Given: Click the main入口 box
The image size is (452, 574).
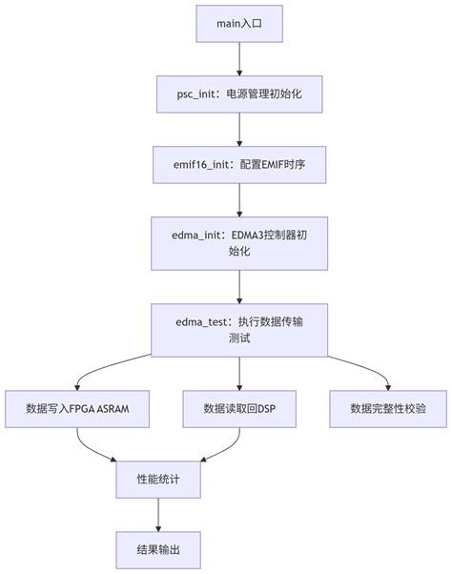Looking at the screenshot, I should pos(239,24).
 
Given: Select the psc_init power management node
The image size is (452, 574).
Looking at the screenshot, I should pos(239,94).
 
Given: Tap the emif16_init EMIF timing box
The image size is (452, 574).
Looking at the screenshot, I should pos(239,165).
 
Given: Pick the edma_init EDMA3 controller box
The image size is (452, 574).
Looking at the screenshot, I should pos(239,243).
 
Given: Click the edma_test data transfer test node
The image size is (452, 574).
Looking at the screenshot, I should pos(239,329).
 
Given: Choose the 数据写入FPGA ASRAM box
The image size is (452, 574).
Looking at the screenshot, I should pos(78,408).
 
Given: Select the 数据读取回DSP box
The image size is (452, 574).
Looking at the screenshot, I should pos(239,408).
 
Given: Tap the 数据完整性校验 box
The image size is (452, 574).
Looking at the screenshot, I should pos(388,408).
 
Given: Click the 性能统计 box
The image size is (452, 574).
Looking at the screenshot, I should pos(158,480).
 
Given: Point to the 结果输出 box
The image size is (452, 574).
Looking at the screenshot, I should pos(158,550).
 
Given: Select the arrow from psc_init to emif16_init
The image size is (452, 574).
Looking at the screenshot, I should pos(239,130).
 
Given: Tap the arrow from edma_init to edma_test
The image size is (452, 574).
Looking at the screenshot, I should pos(239,286).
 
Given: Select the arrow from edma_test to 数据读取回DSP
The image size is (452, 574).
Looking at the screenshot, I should pos(239,372).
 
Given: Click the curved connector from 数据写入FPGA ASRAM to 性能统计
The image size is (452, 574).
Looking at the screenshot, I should pos(95,448).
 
